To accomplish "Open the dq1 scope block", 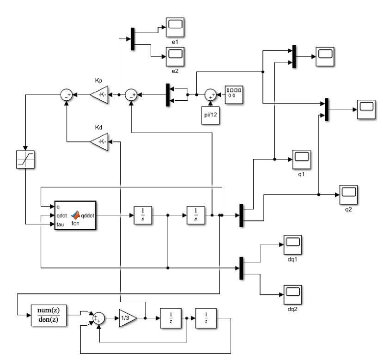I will (x=292, y=243).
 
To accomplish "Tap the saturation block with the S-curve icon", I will (x=25, y=160).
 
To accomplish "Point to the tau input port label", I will (x=60, y=225).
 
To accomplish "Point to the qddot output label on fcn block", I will (x=88, y=215).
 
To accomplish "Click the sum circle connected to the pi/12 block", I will (x=211, y=95).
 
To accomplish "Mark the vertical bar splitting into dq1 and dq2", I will (x=241, y=268).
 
